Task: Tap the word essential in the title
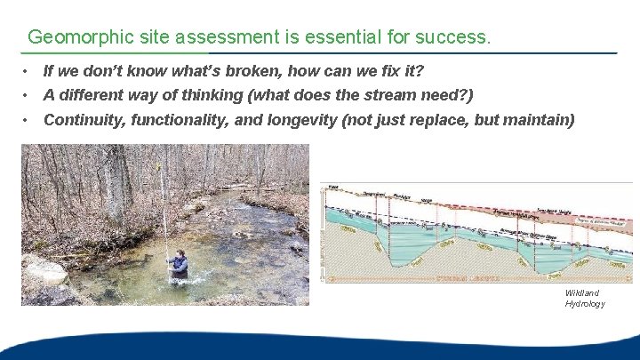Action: (x=344, y=37)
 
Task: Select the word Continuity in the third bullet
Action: (x=84, y=120)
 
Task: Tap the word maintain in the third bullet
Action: (x=540, y=120)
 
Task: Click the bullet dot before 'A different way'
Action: (x=28, y=95)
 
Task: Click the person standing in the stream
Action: (x=180, y=264)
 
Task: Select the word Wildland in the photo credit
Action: (x=582, y=293)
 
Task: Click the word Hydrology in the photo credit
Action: (x=585, y=304)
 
